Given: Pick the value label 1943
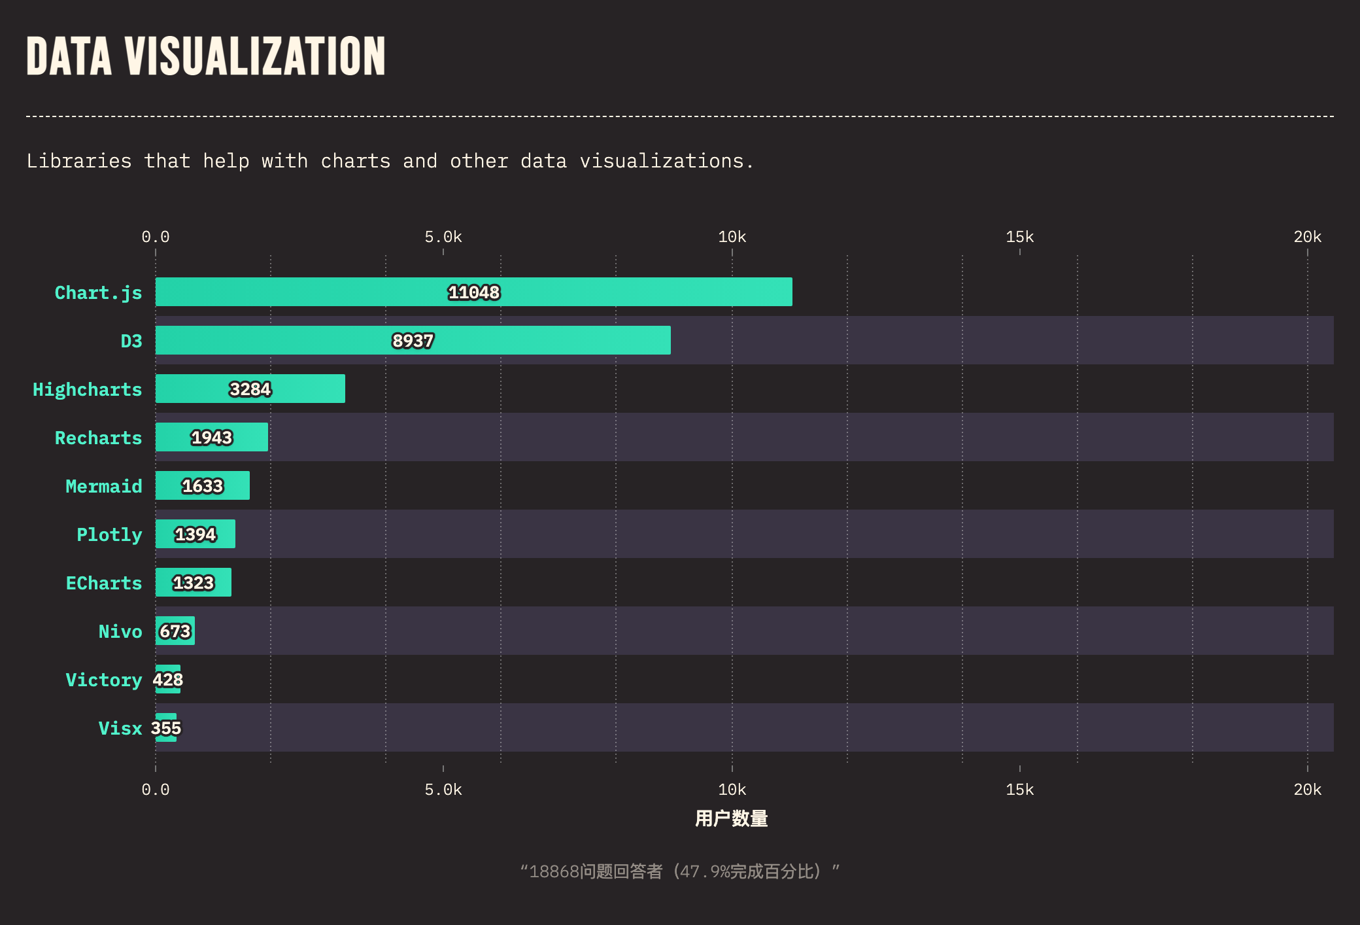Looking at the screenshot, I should pyautogui.click(x=211, y=438).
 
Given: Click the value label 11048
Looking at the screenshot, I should pyautogui.click(x=474, y=292).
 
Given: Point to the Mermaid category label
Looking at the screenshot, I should pyautogui.click(x=103, y=486).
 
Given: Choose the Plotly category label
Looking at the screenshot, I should pyautogui.click(x=109, y=534).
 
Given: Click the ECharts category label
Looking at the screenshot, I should pyautogui.click(x=103, y=583).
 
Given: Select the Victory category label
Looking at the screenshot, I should pyautogui.click(x=103, y=680).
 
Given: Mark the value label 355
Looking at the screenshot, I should pyautogui.click(x=166, y=728).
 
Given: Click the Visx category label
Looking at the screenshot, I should pyautogui.click(x=120, y=728).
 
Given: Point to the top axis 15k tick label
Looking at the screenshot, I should pyautogui.click(x=1019, y=237).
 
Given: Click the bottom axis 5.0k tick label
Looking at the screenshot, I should pyautogui.click(x=443, y=790).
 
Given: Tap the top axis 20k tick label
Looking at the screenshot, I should pyautogui.click(x=1307, y=237).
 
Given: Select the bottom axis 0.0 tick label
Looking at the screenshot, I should pyautogui.click(x=156, y=790).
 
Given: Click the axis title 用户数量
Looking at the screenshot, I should pyautogui.click(x=731, y=818).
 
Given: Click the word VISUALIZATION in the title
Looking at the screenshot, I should pyautogui.click(x=255, y=56).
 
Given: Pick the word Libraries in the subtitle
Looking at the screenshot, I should pyautogui.click(x=79, y=161).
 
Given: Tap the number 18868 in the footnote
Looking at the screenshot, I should pyautogui.click(x=554, y=871).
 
